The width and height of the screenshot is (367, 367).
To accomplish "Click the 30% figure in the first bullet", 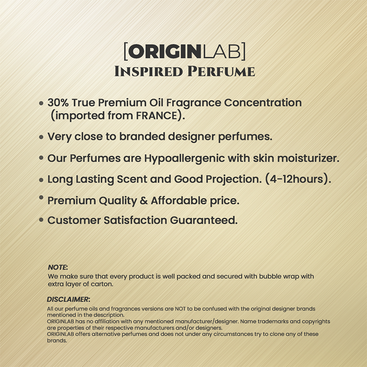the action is (58, 102).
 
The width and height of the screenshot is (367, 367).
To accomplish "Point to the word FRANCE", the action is (156, 116).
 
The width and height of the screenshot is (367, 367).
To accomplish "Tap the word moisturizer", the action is (308, 158).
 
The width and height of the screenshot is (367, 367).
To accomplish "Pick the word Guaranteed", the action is (203, 220).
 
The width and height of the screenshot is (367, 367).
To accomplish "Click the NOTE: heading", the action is (58, 267).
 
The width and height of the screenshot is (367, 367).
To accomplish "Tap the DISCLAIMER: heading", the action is (68, 299).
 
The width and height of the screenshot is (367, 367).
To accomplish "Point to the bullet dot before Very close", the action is (41, 137).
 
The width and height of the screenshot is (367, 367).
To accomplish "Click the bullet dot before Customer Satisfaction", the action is (41, 220).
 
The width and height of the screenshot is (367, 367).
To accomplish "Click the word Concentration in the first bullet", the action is (263, 102).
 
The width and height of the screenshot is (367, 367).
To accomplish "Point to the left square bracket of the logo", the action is (125, 51).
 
